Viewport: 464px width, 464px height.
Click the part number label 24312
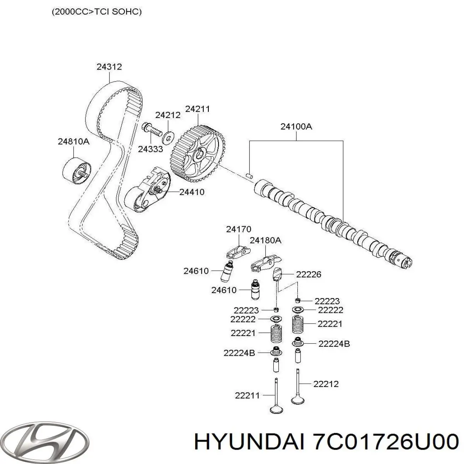(x=109, y=67)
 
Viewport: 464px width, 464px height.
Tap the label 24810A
(x=73, y=142)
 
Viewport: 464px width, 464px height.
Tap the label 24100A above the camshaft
(x=296, y=126)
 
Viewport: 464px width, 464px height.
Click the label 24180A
(x=265, y=241)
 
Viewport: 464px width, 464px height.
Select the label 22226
(x=308, y=275)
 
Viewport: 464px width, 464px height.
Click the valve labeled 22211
(x=275, y=396)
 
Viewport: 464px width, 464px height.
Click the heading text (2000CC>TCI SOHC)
(x=96, y=12)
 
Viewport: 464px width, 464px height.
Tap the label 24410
(x=192, y=192)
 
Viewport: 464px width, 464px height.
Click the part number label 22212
(x=326, y=384)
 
